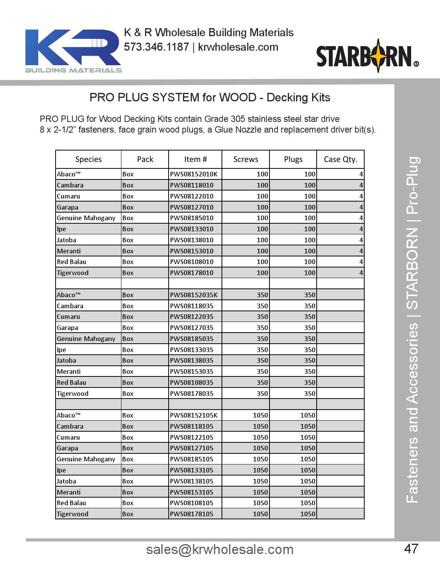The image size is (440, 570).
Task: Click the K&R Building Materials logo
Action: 73,51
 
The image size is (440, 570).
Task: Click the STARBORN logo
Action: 367,56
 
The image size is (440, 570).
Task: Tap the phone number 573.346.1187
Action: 156,47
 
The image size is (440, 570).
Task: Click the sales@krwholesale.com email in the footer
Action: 220,549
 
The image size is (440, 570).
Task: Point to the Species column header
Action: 88,159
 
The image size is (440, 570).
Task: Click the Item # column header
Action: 195,159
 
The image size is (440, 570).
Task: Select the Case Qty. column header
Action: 340,159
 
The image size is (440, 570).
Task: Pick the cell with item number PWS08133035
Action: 191,349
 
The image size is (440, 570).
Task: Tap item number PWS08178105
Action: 191,514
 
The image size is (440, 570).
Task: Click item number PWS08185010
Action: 191,218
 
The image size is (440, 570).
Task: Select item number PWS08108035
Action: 191,383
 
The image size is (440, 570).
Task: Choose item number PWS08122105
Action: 191,437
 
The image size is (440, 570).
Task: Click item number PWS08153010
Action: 191,251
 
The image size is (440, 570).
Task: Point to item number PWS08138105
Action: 191,481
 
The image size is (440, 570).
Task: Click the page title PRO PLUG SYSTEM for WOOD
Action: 210,98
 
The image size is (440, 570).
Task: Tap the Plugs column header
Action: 293,159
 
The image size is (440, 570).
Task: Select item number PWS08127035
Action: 191,328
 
